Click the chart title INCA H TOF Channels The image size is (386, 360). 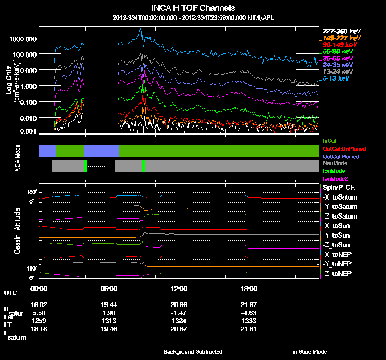pos(193,8)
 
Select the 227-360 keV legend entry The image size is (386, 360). pos(341,31)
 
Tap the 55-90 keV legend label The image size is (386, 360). pos(339,51)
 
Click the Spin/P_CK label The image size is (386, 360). pos(337,188)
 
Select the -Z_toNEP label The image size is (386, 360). pos(337,273)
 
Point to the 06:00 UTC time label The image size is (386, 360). pos(109,289)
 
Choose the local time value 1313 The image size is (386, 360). pos(109,320)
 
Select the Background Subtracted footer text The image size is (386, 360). pos(193,352)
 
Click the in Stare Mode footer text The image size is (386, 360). pos(309,352)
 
